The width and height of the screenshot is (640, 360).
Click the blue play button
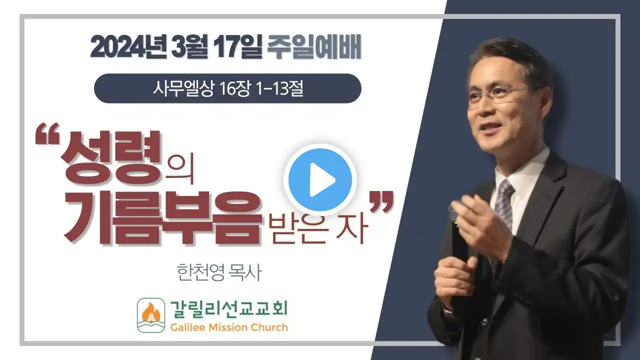click(x=320, y=180)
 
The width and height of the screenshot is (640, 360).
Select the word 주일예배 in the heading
click(x=314, y=47)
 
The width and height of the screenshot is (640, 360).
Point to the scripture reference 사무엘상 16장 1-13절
click(x=228, y=88)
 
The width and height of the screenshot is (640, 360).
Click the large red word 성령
click(x=110, y=156)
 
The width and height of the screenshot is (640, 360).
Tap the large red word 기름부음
click(x=163, y=218)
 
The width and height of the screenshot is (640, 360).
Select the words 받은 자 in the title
click(x=317, y=229)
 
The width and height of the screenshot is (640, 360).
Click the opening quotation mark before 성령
click(x=47, y=133)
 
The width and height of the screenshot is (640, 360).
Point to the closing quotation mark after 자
click(x=381, y=202)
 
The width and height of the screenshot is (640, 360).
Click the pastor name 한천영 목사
click(x=219, y=272)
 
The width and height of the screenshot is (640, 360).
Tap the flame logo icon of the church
click(x=151, y=315)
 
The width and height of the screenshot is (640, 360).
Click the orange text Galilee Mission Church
click(x=229, y=327)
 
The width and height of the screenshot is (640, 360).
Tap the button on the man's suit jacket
click(x=484, y=322)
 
